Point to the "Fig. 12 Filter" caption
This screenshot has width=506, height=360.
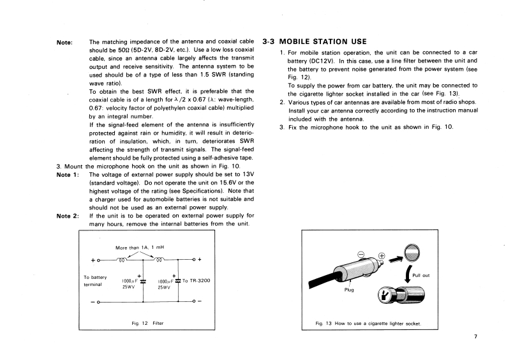(147, 323)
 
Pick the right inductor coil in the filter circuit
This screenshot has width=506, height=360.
(163, 260)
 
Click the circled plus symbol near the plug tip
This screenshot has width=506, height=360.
(382, 258)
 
